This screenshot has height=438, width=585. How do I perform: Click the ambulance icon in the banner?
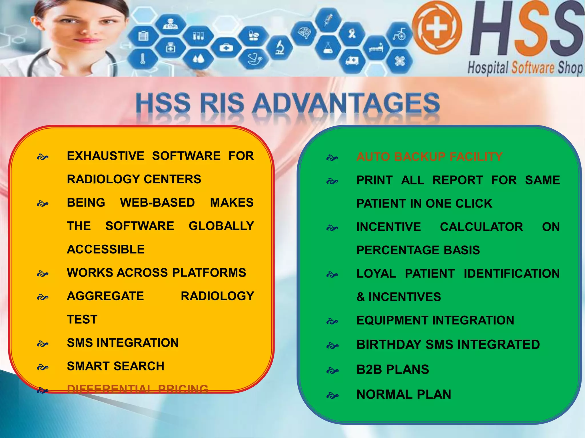pyautogui.click(x=352, y=61)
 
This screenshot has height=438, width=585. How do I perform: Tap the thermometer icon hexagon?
pyautogui.click(x=143, y=59)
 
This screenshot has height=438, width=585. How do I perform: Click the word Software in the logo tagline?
pyautogui.click(x=533, y=68)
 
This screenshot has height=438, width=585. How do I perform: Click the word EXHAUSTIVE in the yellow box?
pyautogui.click(x=105, y=156)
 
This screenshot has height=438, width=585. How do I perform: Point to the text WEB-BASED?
pyautogui.click(x=157, y=203)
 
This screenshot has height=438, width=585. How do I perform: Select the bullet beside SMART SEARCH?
pyautogui.click(x=43, y=367)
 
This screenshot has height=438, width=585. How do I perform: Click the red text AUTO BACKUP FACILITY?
pyautogui.click(x=429, y=157)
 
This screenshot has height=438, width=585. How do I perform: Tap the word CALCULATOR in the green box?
pyautogui.click(x=481, y=227)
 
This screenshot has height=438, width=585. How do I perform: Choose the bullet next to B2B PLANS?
pyautogui.click(x=332, y=370)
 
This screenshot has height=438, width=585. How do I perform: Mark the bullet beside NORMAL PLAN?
pyautogui.click(x=332, y=396)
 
